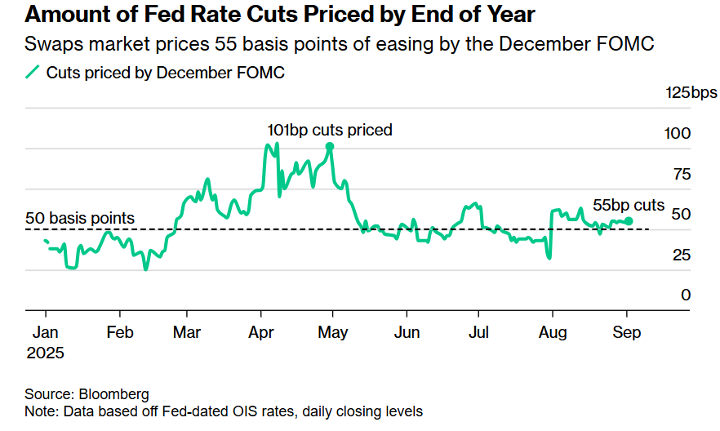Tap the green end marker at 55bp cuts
628,220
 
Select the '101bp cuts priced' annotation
330,129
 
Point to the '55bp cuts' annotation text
629,206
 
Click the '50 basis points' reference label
80,218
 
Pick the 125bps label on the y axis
692,92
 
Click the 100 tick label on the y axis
679,133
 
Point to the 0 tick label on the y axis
687,295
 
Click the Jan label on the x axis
45,333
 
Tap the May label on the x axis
333,333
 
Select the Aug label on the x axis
553,333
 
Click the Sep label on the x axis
627,333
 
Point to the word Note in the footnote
40,411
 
